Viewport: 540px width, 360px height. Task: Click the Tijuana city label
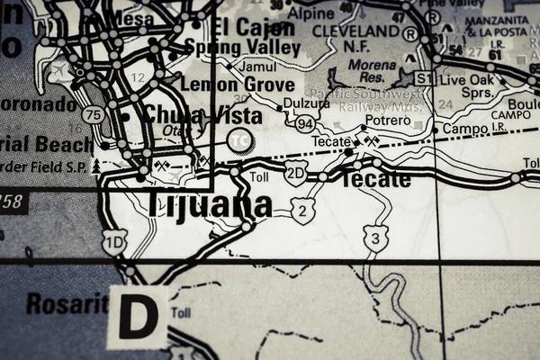(208, 204)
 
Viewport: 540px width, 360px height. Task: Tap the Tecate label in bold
(374, 179)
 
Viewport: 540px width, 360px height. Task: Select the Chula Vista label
(202, 115)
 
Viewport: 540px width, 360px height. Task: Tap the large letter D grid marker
(138, 318)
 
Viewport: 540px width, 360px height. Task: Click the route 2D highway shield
(295, 173)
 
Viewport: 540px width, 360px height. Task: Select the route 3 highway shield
(375, 238)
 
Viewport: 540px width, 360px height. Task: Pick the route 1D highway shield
(114, 241)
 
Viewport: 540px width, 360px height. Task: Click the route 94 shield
(305, 122)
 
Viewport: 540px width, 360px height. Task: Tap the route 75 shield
(92, 114)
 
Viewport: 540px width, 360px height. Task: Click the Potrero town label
(387, 120)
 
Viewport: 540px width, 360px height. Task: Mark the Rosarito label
(66, 304)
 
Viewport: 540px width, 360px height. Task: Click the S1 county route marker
(425, 78)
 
